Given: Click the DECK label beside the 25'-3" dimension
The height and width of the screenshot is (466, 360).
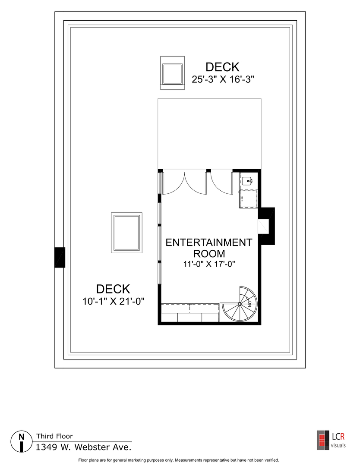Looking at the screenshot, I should point(222,67).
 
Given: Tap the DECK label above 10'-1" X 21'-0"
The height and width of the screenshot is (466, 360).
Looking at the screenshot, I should point(113,289).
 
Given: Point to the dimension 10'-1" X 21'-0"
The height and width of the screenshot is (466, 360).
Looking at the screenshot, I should point(113,302).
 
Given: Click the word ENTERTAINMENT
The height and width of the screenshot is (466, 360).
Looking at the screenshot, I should point(209,242).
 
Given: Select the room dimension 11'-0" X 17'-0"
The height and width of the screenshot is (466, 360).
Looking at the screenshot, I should point(209,264).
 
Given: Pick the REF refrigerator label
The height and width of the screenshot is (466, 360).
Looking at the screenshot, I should point(242,198).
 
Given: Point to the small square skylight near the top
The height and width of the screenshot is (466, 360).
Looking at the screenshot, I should point(172,73).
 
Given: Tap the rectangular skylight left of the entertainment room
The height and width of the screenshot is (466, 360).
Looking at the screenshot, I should point(126,233).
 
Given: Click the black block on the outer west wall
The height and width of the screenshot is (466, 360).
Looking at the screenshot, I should point(60,257).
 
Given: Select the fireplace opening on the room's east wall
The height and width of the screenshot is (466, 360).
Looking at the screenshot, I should point(263,227).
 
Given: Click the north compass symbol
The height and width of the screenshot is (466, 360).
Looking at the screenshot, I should point(21,441).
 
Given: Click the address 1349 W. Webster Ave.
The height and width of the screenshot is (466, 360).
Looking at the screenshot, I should point(83,447).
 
